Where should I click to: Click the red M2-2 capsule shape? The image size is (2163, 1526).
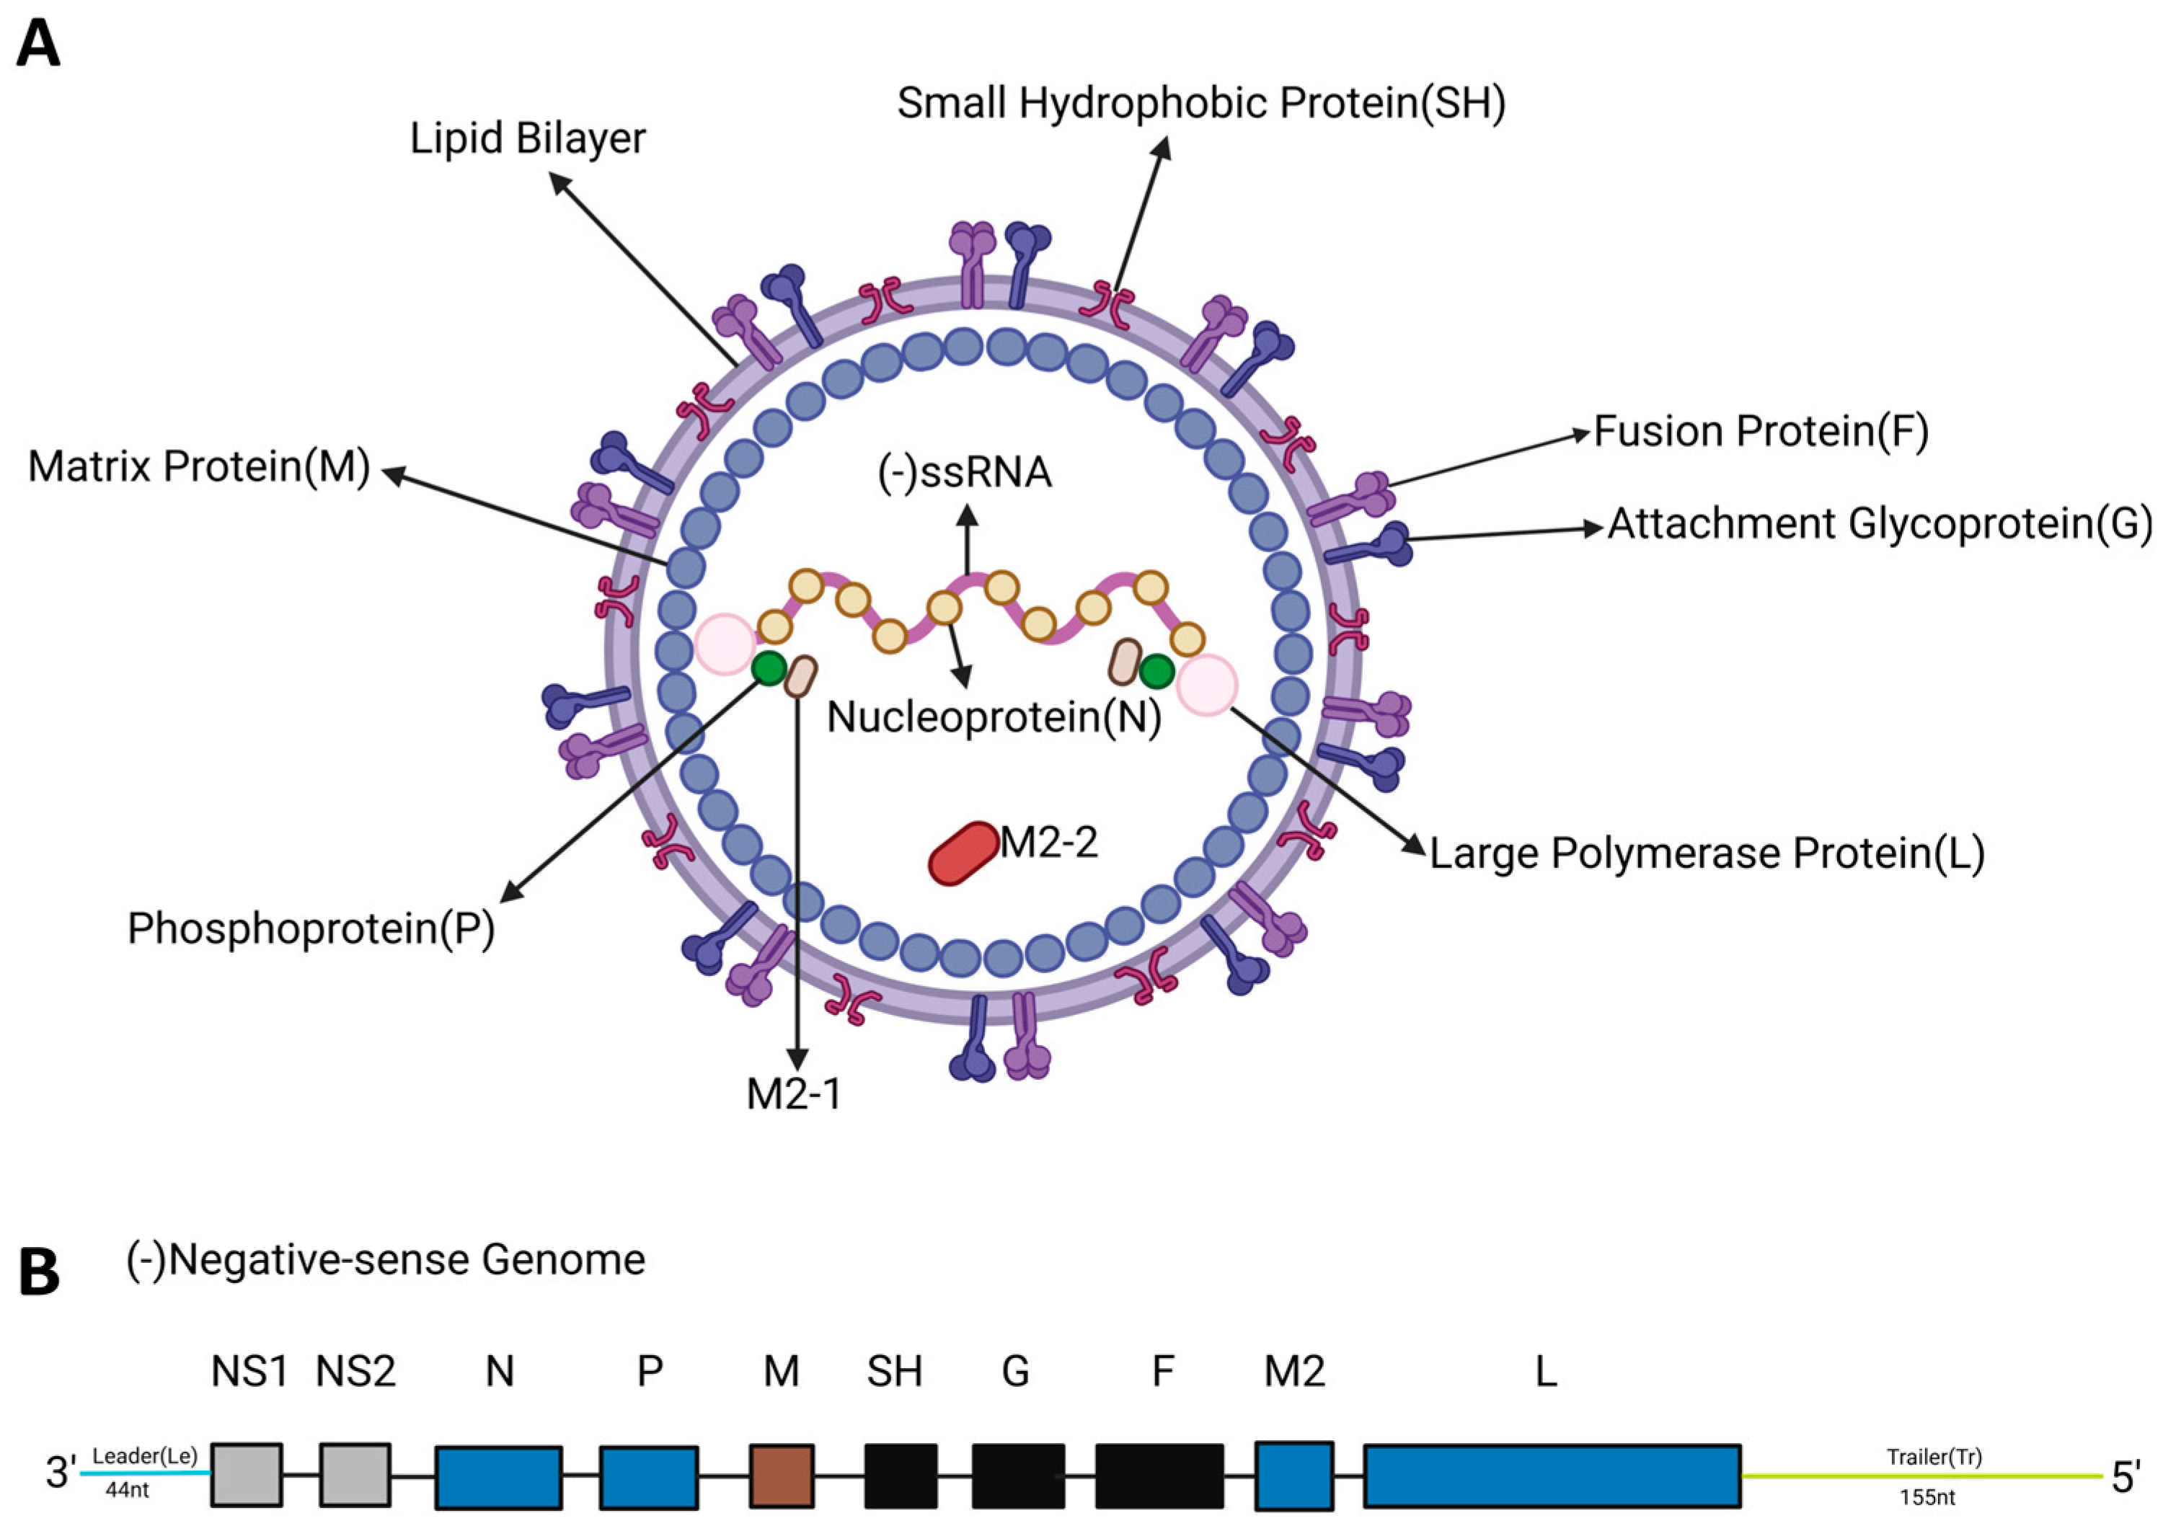coord(964,853)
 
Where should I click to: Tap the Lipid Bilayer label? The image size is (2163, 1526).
coord(528,138)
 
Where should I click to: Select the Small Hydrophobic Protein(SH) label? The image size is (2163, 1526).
coord(1200,102)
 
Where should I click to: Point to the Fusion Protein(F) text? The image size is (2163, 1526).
coord(1761,432)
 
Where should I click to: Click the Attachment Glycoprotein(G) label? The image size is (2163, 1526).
coord(1880,524)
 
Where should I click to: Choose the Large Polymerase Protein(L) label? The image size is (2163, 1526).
coord(1707,853)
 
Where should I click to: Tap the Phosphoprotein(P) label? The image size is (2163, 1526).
coord(311,928)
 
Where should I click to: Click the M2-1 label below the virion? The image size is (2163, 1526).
coord(793,1094)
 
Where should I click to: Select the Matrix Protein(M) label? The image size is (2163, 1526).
coord(199,466)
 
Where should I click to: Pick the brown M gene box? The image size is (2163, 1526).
coord(782,1475)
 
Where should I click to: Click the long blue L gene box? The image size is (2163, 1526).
coord(1552,1475)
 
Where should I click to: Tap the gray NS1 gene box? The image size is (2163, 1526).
coord(246,1474)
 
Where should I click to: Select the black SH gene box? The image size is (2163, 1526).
coord(901,1475)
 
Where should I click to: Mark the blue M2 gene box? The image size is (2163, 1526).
coord(1294,1474)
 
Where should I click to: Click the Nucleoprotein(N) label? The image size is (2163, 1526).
coord(994,718)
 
